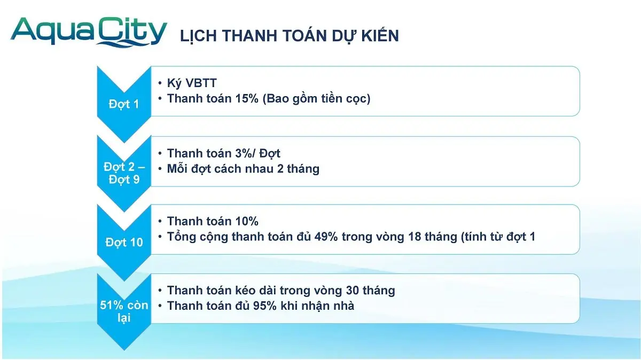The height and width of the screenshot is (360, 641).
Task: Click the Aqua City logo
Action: [x=89, y=32]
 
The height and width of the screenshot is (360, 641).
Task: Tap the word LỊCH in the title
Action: [x=198, y=36]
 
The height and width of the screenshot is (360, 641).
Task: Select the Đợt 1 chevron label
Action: [x=124, y=104]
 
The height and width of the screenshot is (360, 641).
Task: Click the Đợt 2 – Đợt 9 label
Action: [x=124, y=173]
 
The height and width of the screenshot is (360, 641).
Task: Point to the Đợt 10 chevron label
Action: [x=124, y=242]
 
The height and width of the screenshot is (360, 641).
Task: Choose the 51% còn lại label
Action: [x=124, y=311]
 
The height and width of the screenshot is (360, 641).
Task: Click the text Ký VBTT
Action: [x=192, y=83]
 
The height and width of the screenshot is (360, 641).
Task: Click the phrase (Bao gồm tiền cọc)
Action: [x=316, y=99]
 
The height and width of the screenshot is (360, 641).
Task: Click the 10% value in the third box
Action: [x=247, y=222]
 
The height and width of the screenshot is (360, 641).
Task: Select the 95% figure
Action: [x=265, y=306]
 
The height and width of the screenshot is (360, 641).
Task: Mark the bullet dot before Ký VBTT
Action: [x=160, y=83]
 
